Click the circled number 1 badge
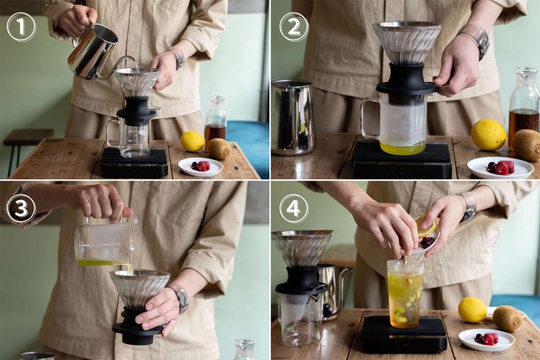21,27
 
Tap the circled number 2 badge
294,27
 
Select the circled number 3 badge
21,209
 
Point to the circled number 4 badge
294,209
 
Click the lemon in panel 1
192,141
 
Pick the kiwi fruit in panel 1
220,149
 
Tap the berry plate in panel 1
201,167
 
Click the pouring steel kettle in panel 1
96,52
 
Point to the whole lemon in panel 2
489,135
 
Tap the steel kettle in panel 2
293,118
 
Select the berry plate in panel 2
500,168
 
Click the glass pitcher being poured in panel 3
104,243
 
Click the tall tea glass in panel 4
405,294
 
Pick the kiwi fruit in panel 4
508,318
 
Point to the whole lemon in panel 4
472,310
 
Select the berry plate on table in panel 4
487,339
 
